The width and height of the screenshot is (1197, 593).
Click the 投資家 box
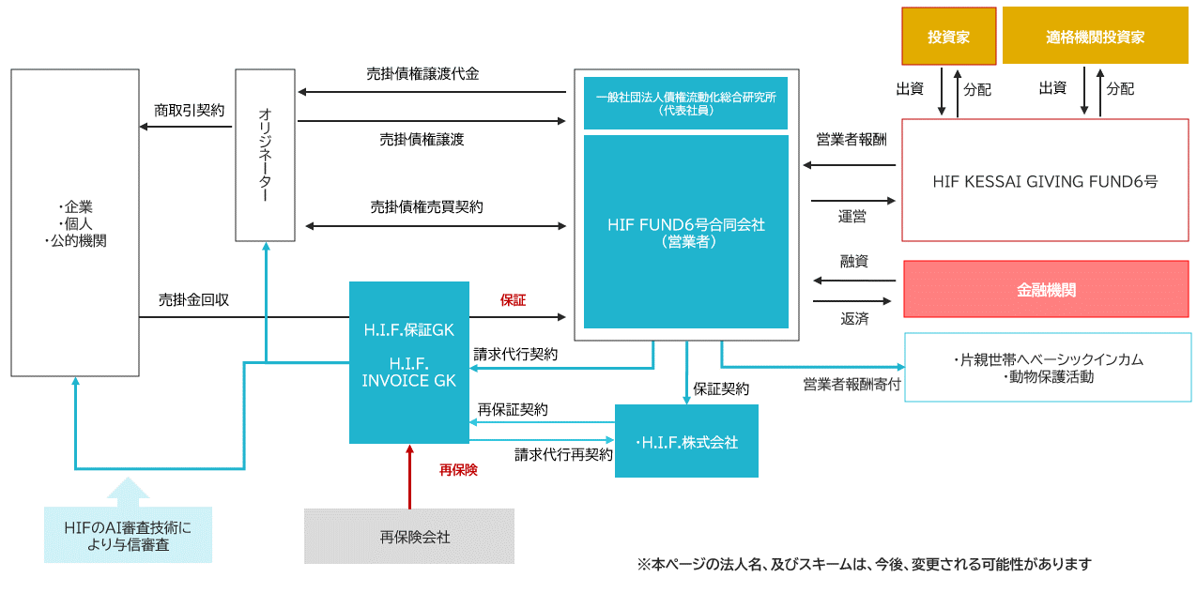tap(947, 37)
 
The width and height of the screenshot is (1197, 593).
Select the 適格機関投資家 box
tap(1096, 37)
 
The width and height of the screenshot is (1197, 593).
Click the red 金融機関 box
tap(1046, 289)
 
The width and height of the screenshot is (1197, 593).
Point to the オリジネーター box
tap(265, 155)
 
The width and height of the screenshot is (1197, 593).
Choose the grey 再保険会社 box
tap(408, 537)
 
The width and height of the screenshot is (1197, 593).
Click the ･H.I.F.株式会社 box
tap(686, 442)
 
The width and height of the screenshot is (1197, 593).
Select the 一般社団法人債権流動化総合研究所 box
tap(685, 102)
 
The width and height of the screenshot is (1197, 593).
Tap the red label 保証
tap(513, 300)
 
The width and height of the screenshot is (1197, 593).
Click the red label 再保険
tap(458, 470)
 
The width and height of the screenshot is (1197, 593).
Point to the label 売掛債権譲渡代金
tap(422, 74)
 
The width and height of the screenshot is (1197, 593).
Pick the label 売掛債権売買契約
tap(427, 207)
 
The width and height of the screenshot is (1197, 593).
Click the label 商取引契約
tap(190, 111)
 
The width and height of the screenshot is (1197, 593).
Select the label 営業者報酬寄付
tap(852, 384)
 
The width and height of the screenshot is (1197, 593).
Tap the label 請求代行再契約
tap(563, 455)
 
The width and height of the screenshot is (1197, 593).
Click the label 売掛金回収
tap(194, 300)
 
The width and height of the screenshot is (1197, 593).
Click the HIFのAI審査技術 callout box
tap(128, 536)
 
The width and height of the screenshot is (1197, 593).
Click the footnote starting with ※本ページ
tap(864, 564)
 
